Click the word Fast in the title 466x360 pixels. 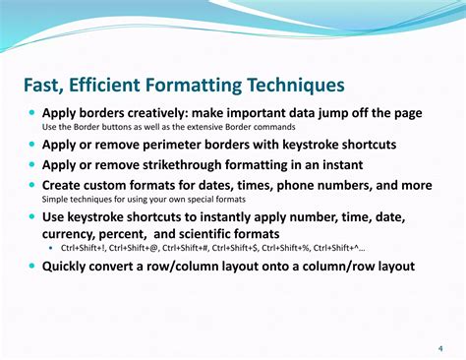coord(45,86)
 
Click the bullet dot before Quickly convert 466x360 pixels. coord(31,266)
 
